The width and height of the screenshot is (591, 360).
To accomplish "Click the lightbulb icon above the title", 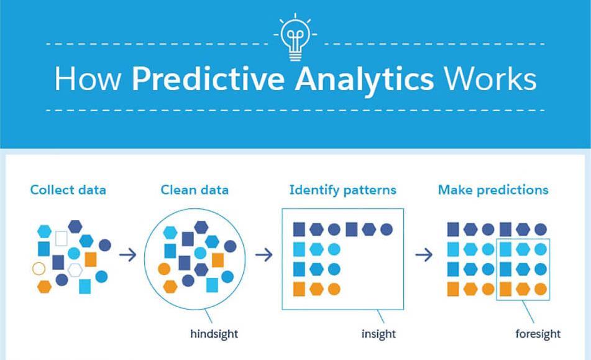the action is [295, 38].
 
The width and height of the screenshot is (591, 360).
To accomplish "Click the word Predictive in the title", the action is [208, 79].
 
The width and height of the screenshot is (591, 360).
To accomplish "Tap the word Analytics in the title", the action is [364, 81].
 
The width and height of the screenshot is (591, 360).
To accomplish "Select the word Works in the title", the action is [490, 79].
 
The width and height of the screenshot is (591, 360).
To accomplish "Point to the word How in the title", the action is [88, 79].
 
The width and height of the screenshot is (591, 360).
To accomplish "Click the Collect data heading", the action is [68, 190].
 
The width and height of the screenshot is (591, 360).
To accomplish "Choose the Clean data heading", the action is [195, 190].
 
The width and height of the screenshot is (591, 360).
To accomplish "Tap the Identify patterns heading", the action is [342, 190].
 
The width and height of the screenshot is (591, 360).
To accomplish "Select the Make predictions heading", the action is [493, 190].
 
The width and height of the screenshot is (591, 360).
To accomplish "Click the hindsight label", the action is [214, 334].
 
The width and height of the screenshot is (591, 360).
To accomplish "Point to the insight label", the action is [378, 334].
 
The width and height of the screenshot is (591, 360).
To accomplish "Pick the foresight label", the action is [538, 334].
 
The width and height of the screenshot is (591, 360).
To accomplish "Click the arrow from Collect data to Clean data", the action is [128, 255].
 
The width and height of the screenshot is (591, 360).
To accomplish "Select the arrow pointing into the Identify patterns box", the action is [264, 255].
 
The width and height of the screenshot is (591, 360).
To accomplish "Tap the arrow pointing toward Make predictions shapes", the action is [424, 255].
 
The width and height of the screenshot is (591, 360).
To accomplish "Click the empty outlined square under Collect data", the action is [62, 239].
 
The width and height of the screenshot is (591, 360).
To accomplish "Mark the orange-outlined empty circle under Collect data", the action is [39, 269].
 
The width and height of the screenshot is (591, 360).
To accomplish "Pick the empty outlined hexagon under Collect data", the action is [75, 270].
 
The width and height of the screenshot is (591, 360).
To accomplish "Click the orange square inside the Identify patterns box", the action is [299, 289].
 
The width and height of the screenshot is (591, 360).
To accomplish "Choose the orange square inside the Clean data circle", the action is [218, 260].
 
